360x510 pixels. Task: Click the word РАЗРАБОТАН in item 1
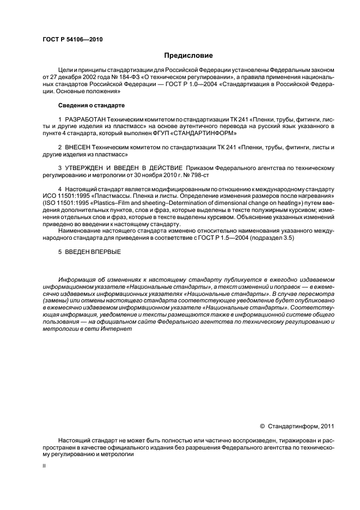pos(85,119)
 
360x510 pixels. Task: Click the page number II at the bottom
pos(45,467)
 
